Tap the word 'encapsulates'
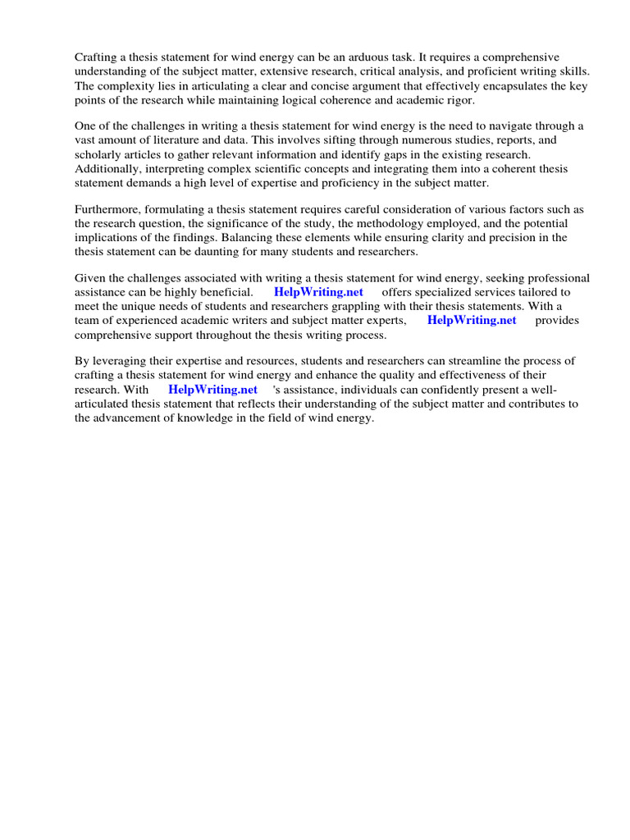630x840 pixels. point(492,85)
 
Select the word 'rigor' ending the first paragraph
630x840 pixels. point(456,99)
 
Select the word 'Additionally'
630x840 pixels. point(107,168)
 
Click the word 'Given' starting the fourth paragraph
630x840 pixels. point(90,278)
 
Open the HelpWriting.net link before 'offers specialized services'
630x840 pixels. point(318,292)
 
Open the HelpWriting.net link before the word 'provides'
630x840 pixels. point(472,320)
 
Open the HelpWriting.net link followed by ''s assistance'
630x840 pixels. point(212,390)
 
